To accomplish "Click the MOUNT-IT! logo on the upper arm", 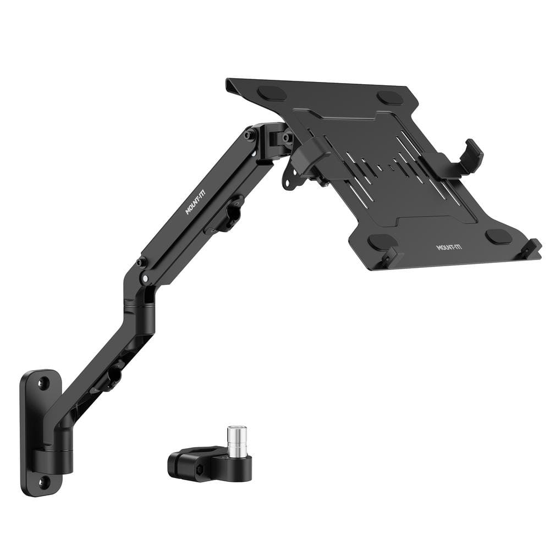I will [194, 203].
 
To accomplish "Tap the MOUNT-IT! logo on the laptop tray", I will [449, 247].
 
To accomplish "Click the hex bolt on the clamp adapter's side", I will [200, 469].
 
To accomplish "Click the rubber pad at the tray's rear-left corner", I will [272, 92].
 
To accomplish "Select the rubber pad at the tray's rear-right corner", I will [390, 97].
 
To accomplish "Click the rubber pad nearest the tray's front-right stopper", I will [498, 237].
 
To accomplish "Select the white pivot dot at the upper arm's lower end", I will [144, 279].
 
